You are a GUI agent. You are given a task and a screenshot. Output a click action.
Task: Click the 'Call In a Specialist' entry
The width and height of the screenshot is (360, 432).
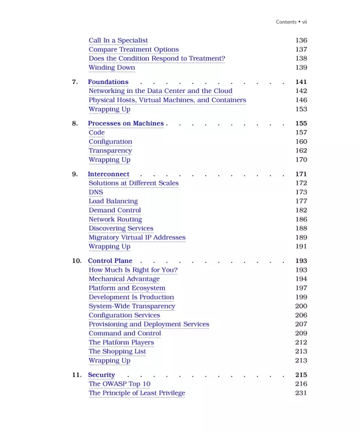pos(118,40)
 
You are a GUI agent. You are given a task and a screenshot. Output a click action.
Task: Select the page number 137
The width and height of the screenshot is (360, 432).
pos(301,49)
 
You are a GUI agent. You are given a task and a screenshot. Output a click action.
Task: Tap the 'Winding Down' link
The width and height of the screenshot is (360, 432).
pos(112,68)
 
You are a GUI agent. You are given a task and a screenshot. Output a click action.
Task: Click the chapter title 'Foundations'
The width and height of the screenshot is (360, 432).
pos(108,82)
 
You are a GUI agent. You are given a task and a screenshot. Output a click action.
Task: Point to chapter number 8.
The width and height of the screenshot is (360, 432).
pos(75,124)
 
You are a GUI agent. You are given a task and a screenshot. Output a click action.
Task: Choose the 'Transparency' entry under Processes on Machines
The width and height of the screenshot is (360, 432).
pos(110,151)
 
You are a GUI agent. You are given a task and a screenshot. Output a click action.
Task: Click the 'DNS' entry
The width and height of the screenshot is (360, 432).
pos(96,192)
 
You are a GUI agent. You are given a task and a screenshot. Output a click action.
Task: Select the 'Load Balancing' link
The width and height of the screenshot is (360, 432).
pos(113,201)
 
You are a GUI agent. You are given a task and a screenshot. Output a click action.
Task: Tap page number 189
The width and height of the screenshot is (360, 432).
pos(301,238)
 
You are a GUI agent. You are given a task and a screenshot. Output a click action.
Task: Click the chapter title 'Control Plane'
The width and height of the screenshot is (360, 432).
pos(110,261)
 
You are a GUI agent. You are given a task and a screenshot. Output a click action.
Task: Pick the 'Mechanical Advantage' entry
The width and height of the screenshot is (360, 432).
pos(124,279)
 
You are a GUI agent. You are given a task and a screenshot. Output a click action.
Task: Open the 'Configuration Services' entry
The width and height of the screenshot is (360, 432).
pos(124,315)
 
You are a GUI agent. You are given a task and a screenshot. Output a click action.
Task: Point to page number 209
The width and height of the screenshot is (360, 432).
pos(301,333)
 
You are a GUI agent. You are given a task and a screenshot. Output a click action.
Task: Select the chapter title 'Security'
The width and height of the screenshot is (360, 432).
pos(101,375)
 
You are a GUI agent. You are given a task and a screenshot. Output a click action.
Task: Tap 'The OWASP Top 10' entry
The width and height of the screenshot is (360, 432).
pos(119,384)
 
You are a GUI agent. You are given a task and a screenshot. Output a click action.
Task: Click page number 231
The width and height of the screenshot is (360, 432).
pos(301,393)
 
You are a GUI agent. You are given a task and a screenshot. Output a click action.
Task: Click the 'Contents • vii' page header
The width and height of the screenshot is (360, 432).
pos(291,22)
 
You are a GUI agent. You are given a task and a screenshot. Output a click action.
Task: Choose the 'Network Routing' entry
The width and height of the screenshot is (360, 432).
pos(115,220)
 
